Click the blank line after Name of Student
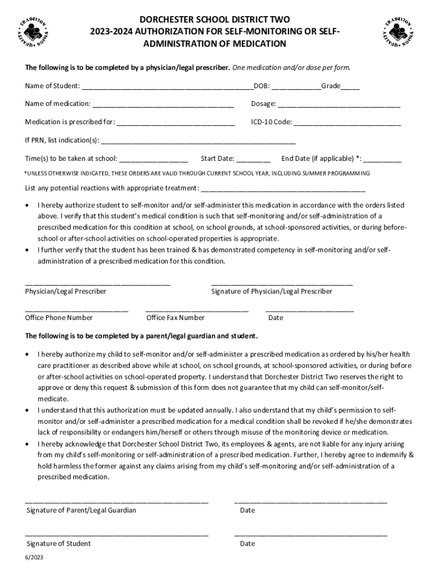(x=166, y=88)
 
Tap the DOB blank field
(x=296, y=88)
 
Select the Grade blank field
(x=350, y=88)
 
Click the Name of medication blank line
(x=163, y=105)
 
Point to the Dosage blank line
(x=339, y=105)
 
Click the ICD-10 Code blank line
(x=347, y=124)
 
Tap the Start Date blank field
(x=253, y=160)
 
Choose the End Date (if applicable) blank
(x=383, y=160)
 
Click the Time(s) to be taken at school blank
(x=154, y=160)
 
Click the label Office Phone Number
(x=59, y=318)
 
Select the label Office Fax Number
(x=175, y=318)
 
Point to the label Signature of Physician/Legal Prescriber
(x=272, y=291)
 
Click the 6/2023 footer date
(x=33, y=556)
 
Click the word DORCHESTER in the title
(x=162, y=19)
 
